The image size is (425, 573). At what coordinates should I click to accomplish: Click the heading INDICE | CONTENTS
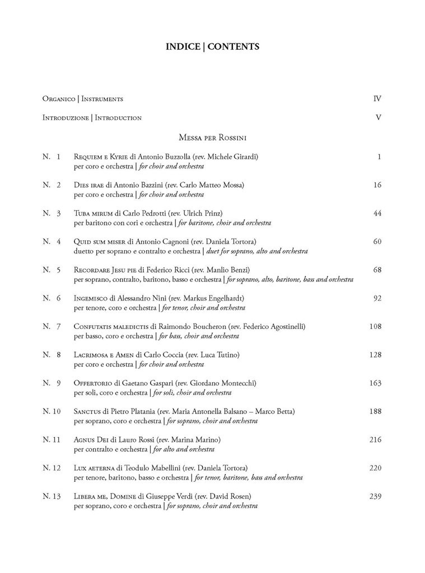point(212,46)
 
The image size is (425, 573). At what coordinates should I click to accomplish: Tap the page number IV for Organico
point(377,99)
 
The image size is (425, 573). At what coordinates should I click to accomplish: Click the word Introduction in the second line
point(118,118)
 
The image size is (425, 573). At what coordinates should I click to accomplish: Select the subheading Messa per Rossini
point(213,137)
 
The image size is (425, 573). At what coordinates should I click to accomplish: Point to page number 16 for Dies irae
point(377,185)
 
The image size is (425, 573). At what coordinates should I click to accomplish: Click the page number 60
point(377,242)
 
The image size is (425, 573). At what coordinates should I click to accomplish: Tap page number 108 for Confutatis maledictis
point(375,327)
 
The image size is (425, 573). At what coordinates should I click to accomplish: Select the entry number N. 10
point(52,412)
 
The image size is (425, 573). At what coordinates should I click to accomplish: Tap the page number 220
point(375,468)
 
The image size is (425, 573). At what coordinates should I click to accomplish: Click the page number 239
point(375,496)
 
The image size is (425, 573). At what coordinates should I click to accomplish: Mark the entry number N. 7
point(52,327)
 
